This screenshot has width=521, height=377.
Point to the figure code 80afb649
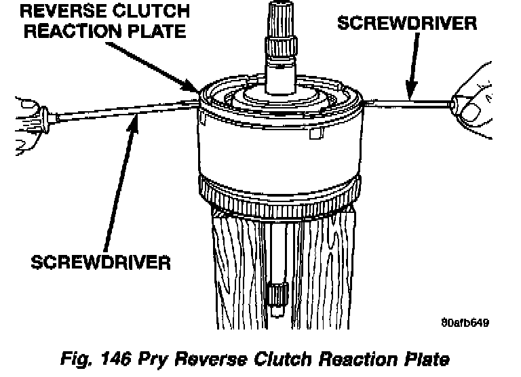tap(465, 323)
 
